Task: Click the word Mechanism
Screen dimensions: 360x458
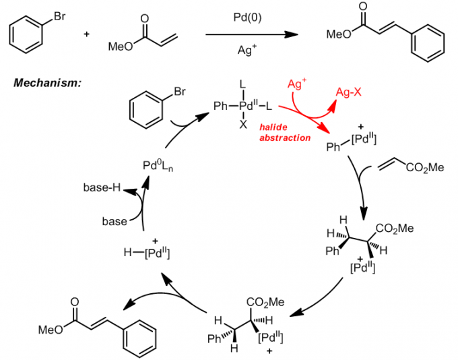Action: (x=46, y=83)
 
